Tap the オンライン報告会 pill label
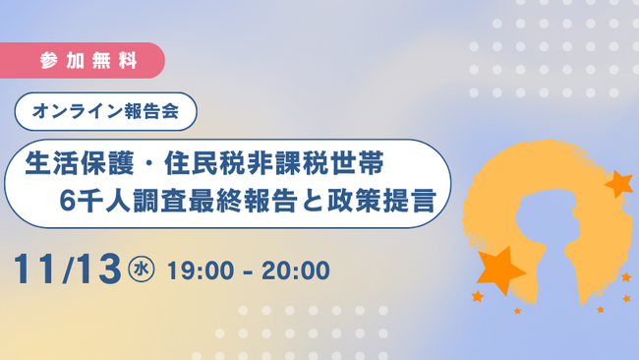click(x=106, y=111)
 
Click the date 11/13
click(x=66, y=267)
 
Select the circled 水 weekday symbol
click(x=144, y=268)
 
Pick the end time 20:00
click(x=295, y=268)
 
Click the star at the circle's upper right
click(x=618, y=183)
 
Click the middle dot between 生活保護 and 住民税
click(x=140, y=160)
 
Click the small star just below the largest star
click(x=478, y=295)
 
